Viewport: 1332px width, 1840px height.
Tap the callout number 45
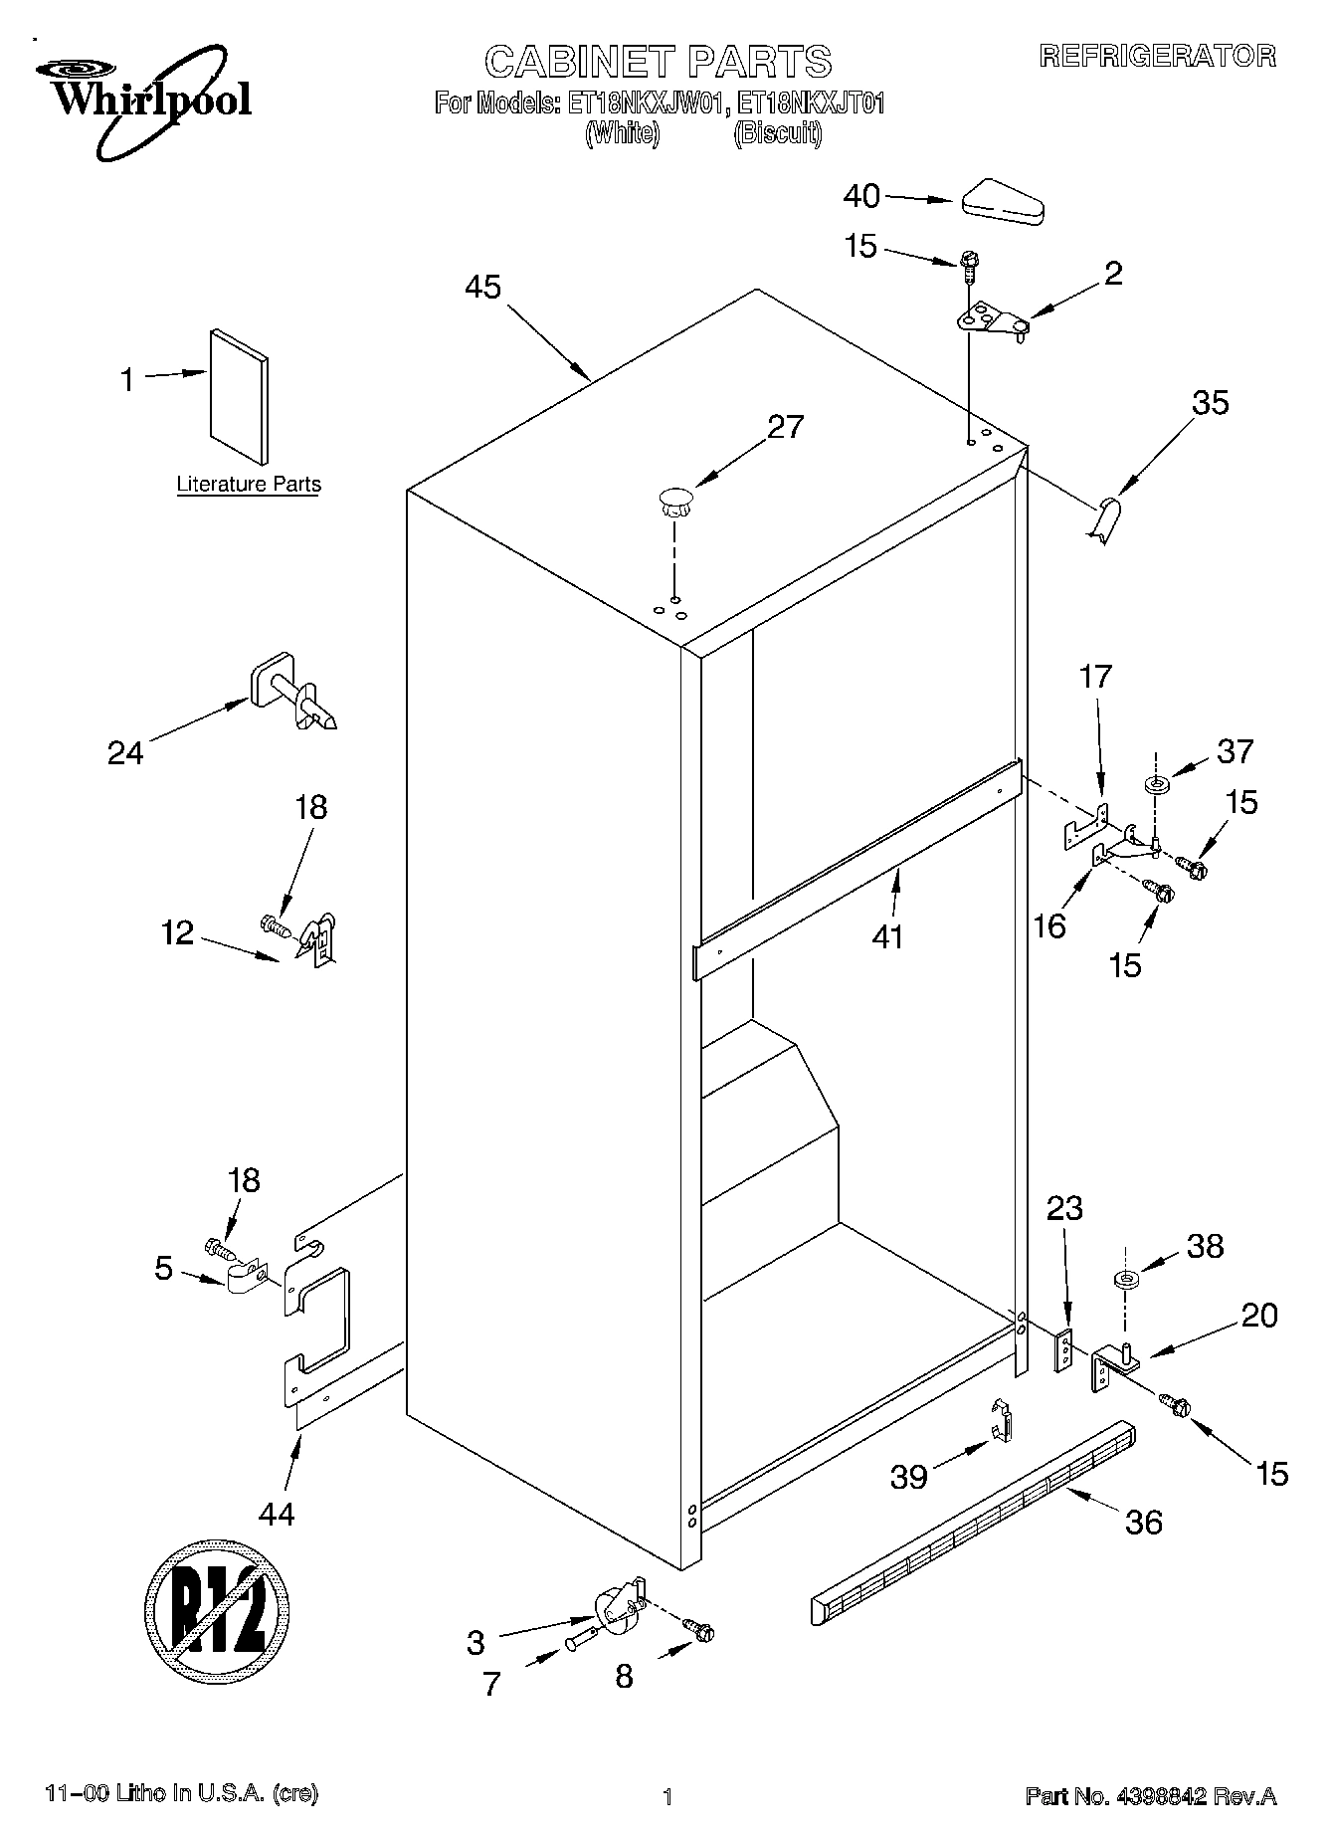coord(483,288)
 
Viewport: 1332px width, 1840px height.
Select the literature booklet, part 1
coord(239,396)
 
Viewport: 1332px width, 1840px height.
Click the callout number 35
coord(1211,403)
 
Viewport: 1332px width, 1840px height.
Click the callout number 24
coord(125,754)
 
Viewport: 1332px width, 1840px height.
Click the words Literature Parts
coord(249,485)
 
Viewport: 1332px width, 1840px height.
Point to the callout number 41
coord(887,936)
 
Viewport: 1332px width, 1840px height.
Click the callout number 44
coord(277,1515)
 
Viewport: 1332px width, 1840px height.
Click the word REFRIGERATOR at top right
coord(1157,56)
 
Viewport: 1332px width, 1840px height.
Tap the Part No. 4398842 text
coord(1151,1796)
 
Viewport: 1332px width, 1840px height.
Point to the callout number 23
coord(1064,1209)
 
